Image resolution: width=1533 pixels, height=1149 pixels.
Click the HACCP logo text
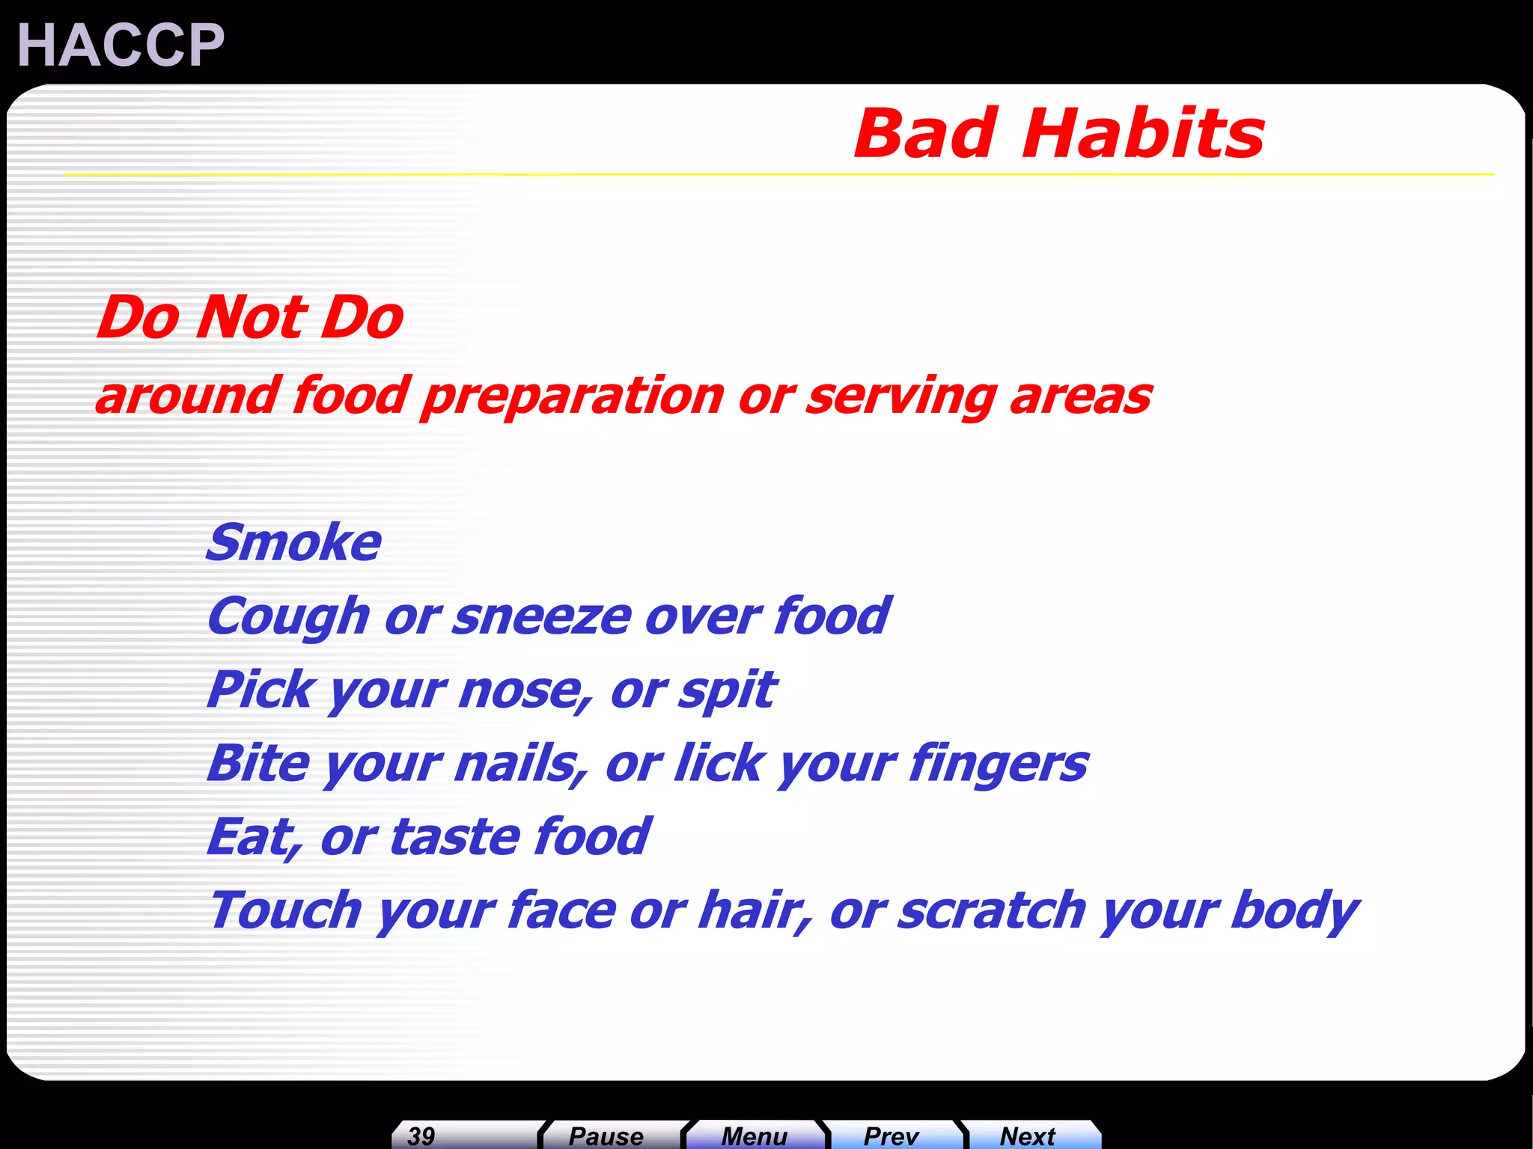[121, 45]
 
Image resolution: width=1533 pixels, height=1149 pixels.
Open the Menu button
[754, 1136]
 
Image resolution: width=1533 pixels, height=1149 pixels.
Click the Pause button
[606, 1136]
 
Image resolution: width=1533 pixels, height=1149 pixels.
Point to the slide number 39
[421, 1136]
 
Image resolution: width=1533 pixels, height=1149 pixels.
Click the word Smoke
[294, 542]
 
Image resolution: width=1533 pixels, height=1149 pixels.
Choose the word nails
[519, 764]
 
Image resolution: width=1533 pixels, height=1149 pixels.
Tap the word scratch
[991, 910]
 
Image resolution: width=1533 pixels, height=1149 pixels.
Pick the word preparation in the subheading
[572, 396]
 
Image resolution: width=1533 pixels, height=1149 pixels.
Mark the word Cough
[289, 618]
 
